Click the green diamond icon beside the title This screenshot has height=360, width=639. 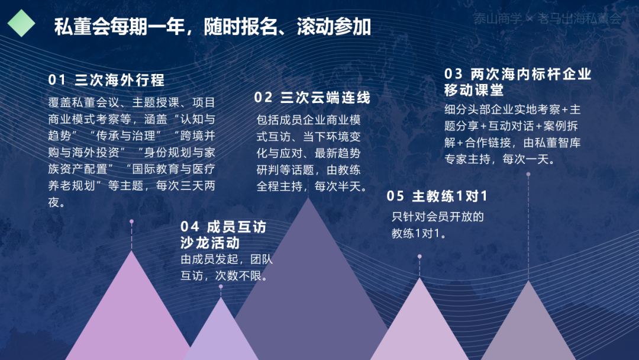pyautogui.click(x=21, y=23)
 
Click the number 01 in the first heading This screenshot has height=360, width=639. pyautogui.click(x=57, y=80)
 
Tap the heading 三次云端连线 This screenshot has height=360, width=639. pyautogui.click(x=325, y=98)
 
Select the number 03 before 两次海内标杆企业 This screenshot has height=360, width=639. pyautogui.click(x=453, y=74)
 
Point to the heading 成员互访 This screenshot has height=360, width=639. pyautogui.click(x=236, y=227)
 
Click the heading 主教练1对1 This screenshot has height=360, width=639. pyautogui.click(x=450, y=196)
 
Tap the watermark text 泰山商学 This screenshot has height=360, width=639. pyautogui.click(x=497, y=18)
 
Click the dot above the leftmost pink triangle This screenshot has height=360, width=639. pyautogui.click(x=131, y=221)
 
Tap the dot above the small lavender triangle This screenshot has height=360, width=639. pyautogui.click(x=221, y=287)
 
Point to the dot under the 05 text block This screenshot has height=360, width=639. pyautogui.click(x=419, y=256)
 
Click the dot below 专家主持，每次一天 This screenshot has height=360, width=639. pyautogui.click(x=528, y=174)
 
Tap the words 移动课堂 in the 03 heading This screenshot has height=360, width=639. pyautogui.click(x=474, y=90)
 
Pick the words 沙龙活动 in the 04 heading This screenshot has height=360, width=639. pyautogui.click(x=210, y=243)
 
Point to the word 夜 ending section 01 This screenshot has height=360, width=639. pyautogui.click(x=53, y=202)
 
